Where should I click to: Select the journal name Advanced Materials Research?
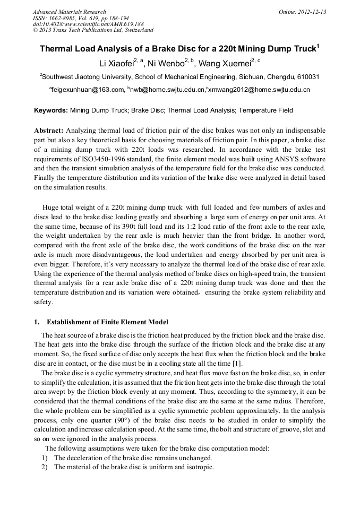click(69, 12)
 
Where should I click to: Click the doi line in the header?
click(88, 24)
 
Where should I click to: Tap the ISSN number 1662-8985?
click(65, 18)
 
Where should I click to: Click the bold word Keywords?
click(51, 111)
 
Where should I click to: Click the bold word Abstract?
click(49, 131)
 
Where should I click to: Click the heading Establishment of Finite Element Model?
click(107, 322)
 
